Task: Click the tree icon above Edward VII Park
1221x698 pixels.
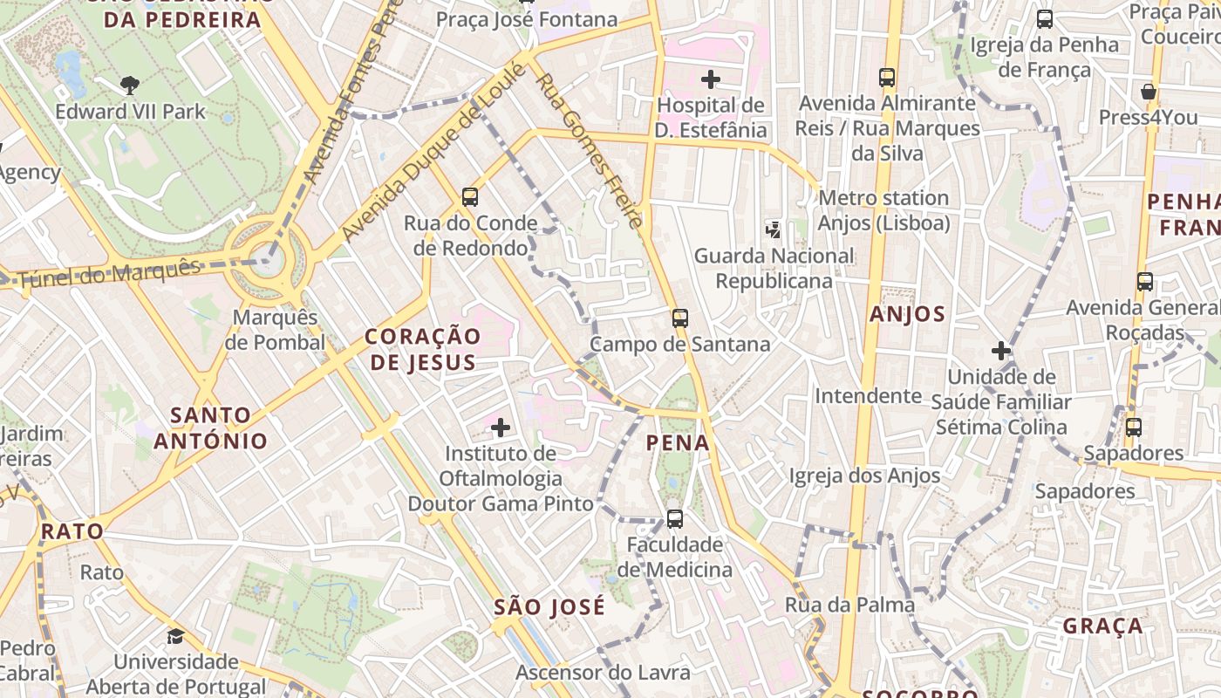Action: point(130,85)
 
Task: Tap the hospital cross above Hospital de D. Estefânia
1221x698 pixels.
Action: point(711,79)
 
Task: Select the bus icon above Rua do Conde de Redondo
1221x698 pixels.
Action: point(470,196)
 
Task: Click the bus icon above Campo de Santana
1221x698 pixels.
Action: point(680,318)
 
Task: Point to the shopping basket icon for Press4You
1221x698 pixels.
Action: point(1149,92)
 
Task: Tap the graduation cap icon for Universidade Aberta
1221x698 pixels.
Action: point(176,636)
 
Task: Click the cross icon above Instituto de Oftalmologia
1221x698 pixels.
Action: point(501,428)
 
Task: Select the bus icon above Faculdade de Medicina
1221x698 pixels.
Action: point(674,519)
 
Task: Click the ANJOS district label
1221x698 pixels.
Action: point(907,314)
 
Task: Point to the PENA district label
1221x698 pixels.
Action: point(678,443)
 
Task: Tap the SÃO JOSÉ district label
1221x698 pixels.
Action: point(549,607)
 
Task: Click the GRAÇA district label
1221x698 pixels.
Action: point(1102,626)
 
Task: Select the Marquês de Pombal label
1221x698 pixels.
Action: point(275,330)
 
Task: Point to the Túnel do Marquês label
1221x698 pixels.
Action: point(109,273)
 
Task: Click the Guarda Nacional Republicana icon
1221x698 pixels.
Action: point(773,230)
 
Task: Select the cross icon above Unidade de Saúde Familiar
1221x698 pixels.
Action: point(1001,352)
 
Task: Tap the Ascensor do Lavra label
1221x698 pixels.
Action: point(603,673)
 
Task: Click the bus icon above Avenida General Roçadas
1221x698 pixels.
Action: point(1145,282)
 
